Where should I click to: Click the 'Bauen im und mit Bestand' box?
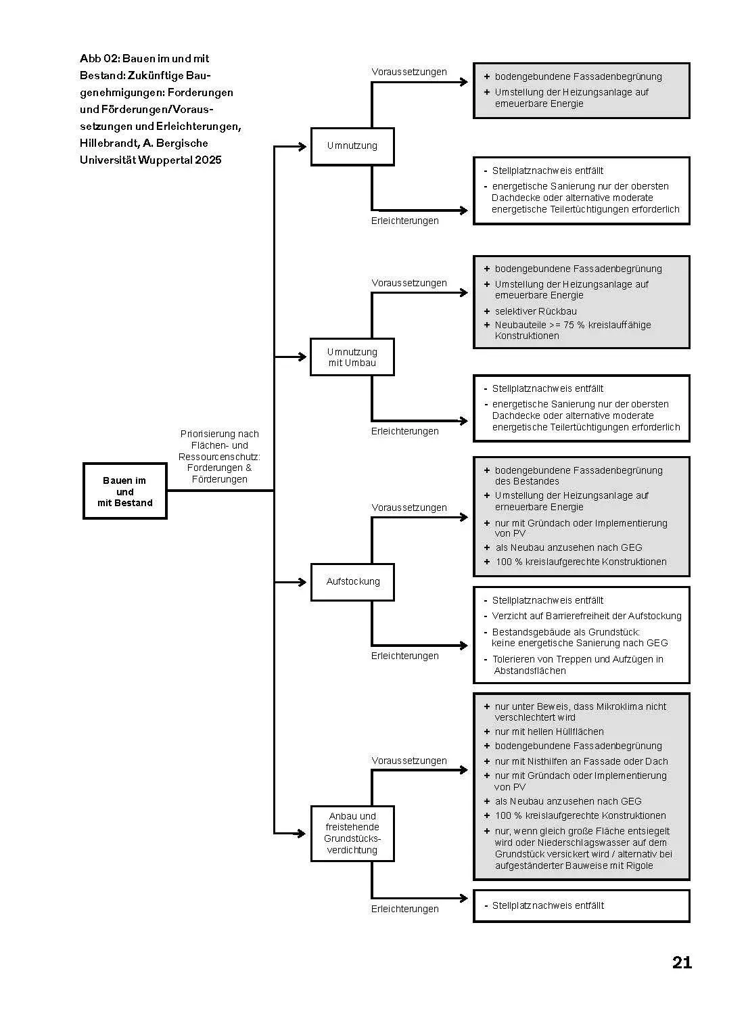pos(125,491)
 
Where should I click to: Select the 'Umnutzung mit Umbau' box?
pos(352,357)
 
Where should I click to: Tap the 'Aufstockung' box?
pos(352,582)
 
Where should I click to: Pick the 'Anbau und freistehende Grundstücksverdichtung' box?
pos(352,833)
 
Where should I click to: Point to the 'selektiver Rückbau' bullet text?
pos(536,311)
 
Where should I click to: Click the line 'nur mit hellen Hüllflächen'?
pos(549,731)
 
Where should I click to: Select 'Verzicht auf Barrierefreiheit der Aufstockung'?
pos(586,616)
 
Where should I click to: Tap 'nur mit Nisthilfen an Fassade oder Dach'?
pos(581,761)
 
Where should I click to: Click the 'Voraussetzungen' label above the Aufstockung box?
pos(409,508)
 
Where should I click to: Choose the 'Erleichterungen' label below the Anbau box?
pos(404,909)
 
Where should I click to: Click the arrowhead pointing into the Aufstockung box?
pos(302,582)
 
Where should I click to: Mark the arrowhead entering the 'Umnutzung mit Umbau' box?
pos(302,357)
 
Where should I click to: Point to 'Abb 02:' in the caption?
pos(99,58)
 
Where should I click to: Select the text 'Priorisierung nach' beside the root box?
pos(220,434)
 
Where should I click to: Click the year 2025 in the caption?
pos(208,160)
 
